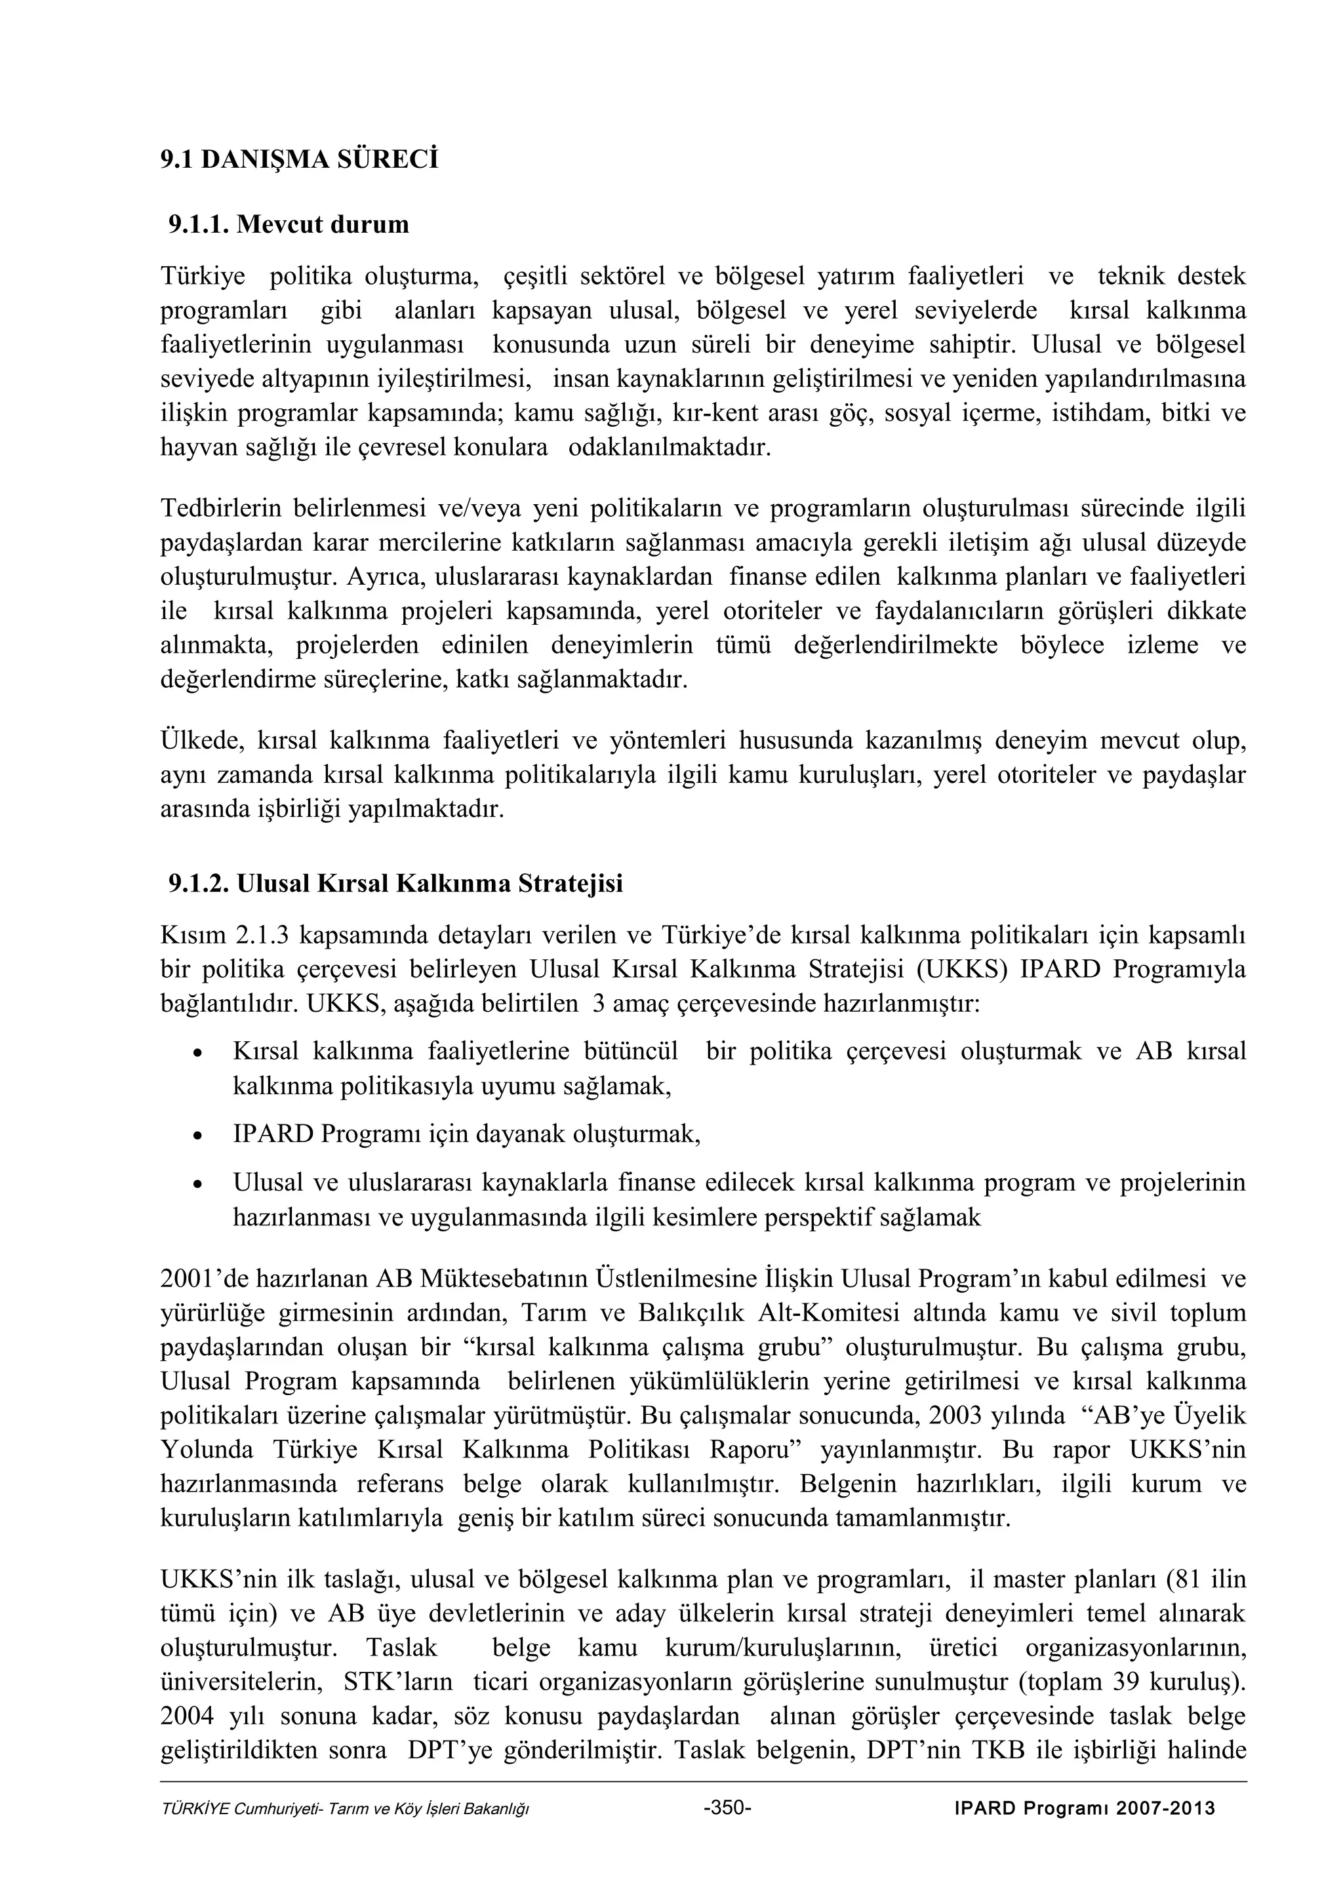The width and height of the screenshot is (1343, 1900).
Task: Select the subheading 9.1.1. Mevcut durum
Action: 289,224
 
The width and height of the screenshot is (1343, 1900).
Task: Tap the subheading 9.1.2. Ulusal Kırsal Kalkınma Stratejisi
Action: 395,884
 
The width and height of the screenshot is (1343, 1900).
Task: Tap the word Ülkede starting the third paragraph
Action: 199,739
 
